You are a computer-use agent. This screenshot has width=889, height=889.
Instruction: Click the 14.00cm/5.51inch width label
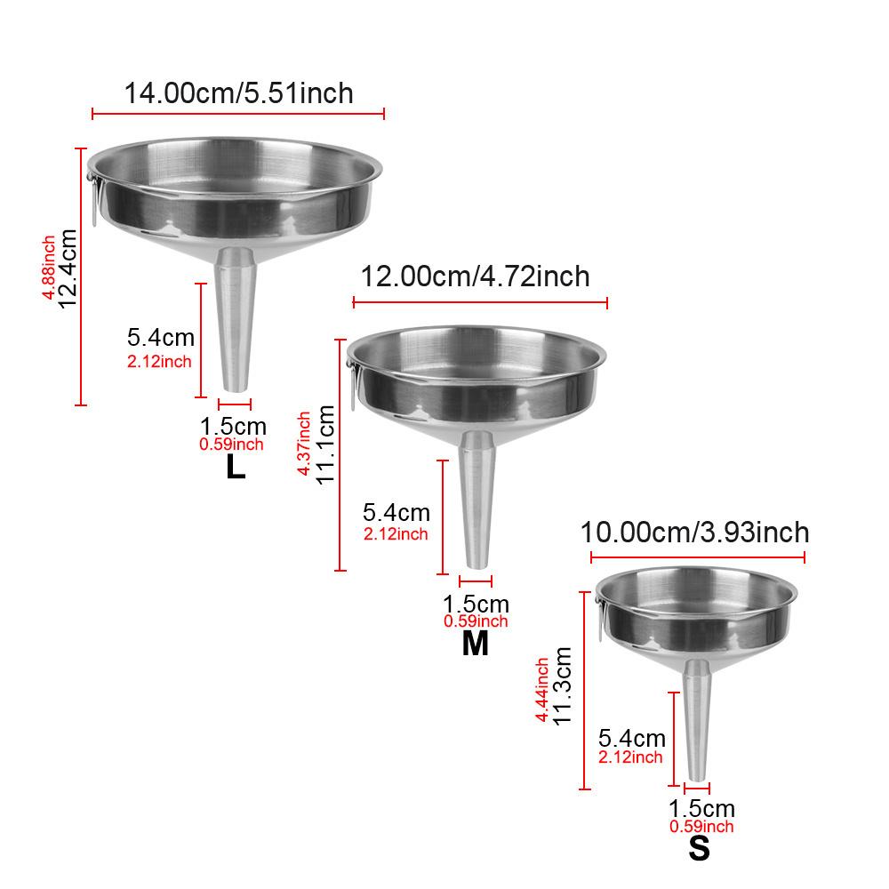point(238,93)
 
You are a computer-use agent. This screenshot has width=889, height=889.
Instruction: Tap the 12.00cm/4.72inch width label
point(475,276)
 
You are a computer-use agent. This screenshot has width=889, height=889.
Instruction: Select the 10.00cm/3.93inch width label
point(694,533)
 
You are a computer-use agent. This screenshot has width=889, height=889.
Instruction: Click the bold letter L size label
point(236,468)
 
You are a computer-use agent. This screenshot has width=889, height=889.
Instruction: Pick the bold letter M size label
point(475,644)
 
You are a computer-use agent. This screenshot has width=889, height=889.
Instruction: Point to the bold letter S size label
point(699,849)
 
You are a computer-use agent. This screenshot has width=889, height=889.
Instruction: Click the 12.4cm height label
point(68,268)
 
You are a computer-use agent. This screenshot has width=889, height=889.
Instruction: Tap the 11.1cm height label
point(325,444)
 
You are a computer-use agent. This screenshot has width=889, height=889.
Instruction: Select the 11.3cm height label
point(562,686)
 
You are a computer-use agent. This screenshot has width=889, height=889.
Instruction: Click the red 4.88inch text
point(49,268)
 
